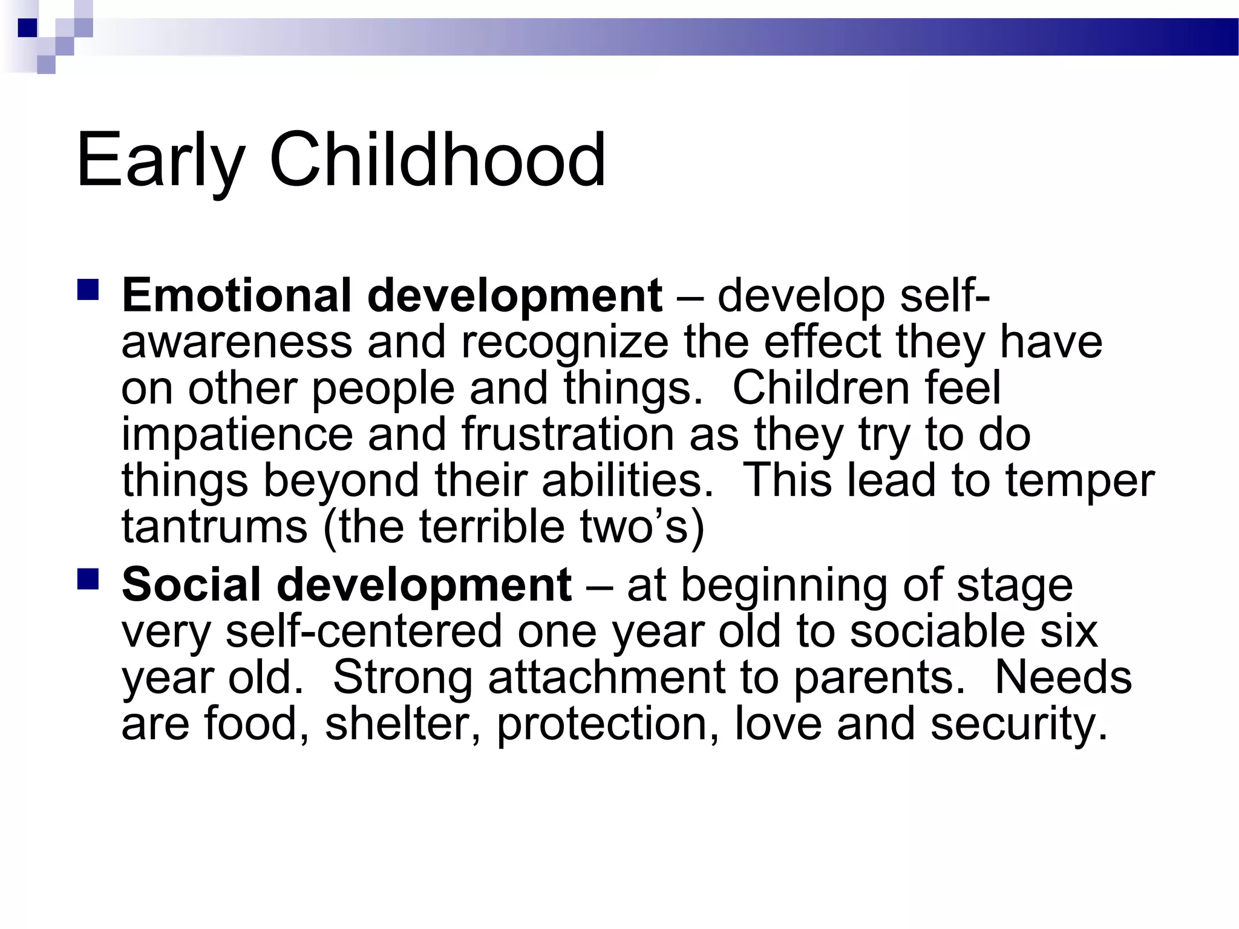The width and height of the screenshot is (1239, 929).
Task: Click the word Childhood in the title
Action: pos(437,160)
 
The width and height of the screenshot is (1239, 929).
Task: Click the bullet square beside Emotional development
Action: pos(88,290)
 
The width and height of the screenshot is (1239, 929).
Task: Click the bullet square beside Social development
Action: pos(88,579)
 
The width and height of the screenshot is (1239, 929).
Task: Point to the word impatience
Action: pos(237,434)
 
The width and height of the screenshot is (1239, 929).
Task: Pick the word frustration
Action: pos(567,434)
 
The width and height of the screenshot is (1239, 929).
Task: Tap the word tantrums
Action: pos(214,527)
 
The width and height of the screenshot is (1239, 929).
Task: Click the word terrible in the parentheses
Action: pos(491,527)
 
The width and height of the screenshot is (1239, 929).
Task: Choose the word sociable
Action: pos(937,631)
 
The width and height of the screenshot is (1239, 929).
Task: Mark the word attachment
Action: pos(606,677)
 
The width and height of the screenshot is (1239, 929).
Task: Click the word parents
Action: pos(878,677)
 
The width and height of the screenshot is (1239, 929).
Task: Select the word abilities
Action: pos(627,480)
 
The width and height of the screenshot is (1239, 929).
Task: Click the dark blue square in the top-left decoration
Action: pos(27,28)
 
